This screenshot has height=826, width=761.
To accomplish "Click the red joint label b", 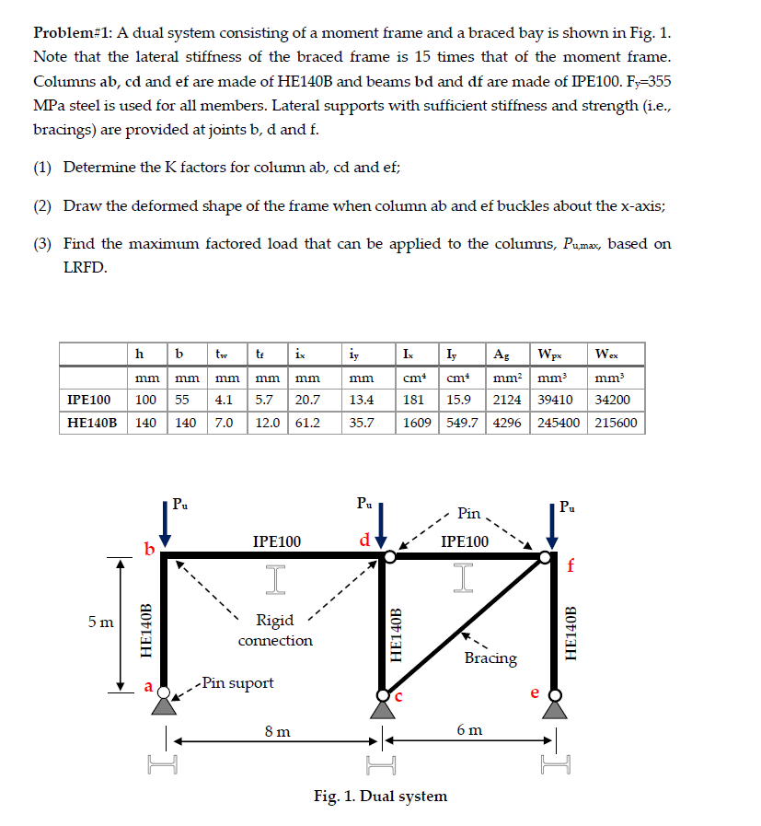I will tap(149, 550).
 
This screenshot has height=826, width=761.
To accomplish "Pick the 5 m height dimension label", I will tap(99, 622).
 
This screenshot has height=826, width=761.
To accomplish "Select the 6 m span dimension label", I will tap(468, 729).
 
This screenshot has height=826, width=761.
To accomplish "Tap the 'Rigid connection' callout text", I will tap(275, 630).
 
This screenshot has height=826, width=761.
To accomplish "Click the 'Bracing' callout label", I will tap(490, 657).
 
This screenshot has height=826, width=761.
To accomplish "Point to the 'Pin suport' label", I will tap(237, 682).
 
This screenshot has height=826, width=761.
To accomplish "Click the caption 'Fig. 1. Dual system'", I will tap(380, 796).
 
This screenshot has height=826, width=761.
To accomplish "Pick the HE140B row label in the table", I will tap(92, 423).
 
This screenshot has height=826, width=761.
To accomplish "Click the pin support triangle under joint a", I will tap(165, 705).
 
